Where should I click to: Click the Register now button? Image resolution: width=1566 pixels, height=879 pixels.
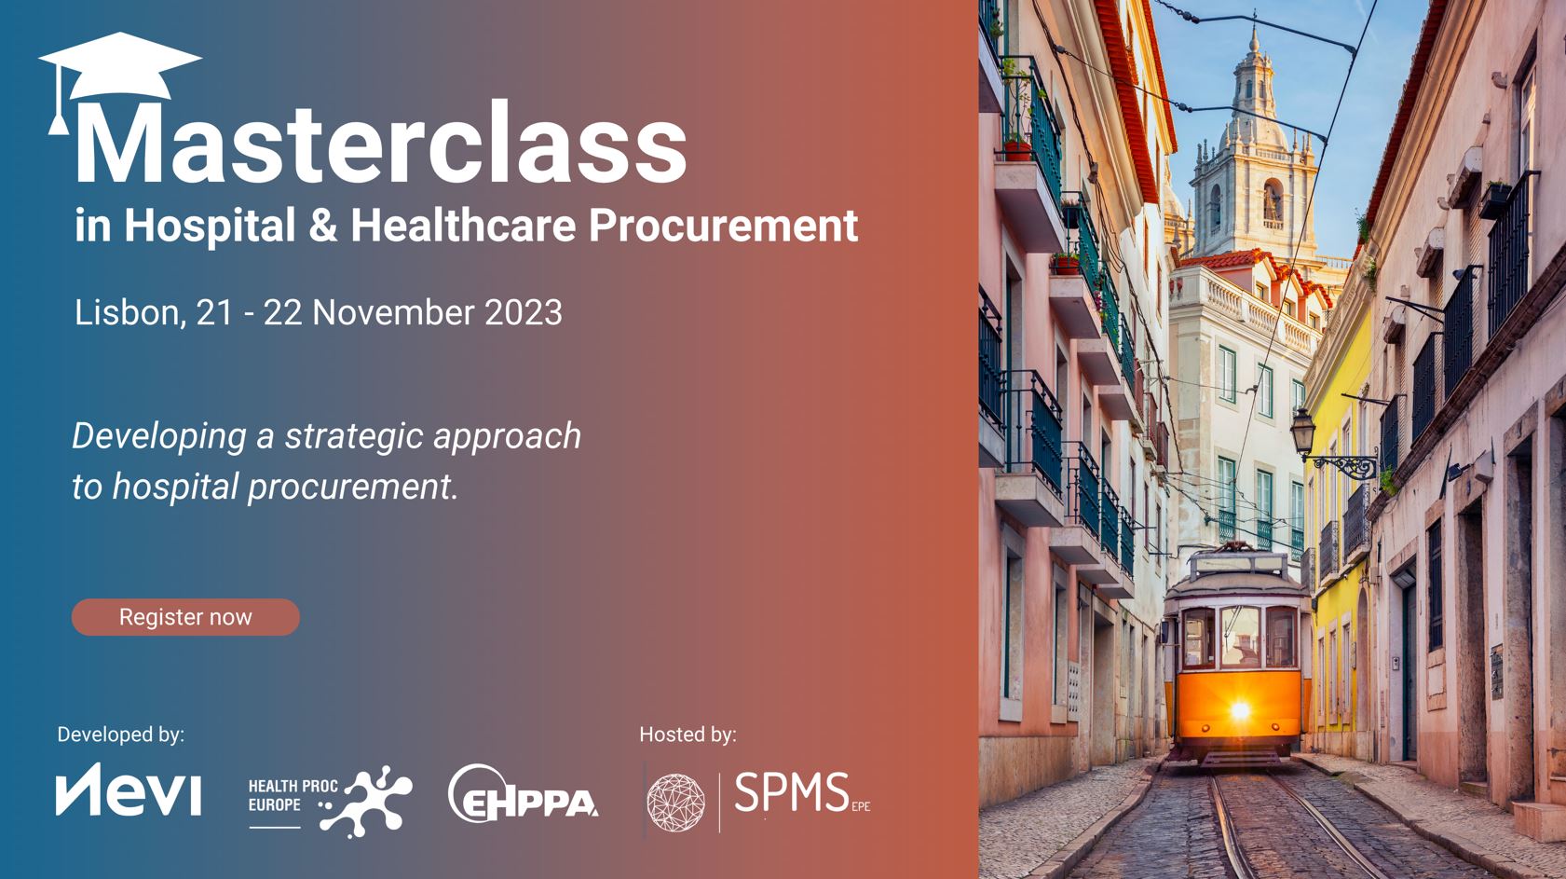185,617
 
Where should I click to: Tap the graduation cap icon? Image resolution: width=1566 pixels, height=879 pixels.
119,70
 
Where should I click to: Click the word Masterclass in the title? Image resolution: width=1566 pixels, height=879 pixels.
381,144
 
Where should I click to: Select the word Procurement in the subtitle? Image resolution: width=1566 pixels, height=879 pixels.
723,226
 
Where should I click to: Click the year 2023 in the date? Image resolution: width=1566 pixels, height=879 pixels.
524,312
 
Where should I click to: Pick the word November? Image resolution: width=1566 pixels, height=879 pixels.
393,312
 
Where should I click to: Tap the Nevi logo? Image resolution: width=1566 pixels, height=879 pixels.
129,790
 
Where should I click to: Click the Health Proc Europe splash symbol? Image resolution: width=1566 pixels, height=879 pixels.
366,802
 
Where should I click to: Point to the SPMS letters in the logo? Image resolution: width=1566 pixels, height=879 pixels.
792,792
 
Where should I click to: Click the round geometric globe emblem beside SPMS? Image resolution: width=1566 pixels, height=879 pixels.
675,802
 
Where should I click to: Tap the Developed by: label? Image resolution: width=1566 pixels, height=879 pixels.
121,735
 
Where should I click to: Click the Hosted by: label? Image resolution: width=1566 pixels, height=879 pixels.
688,735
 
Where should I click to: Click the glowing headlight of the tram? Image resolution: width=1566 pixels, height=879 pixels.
1240,710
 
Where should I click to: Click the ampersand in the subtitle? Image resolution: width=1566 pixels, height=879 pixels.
323,226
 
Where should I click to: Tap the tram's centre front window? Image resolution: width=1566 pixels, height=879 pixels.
1240,637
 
